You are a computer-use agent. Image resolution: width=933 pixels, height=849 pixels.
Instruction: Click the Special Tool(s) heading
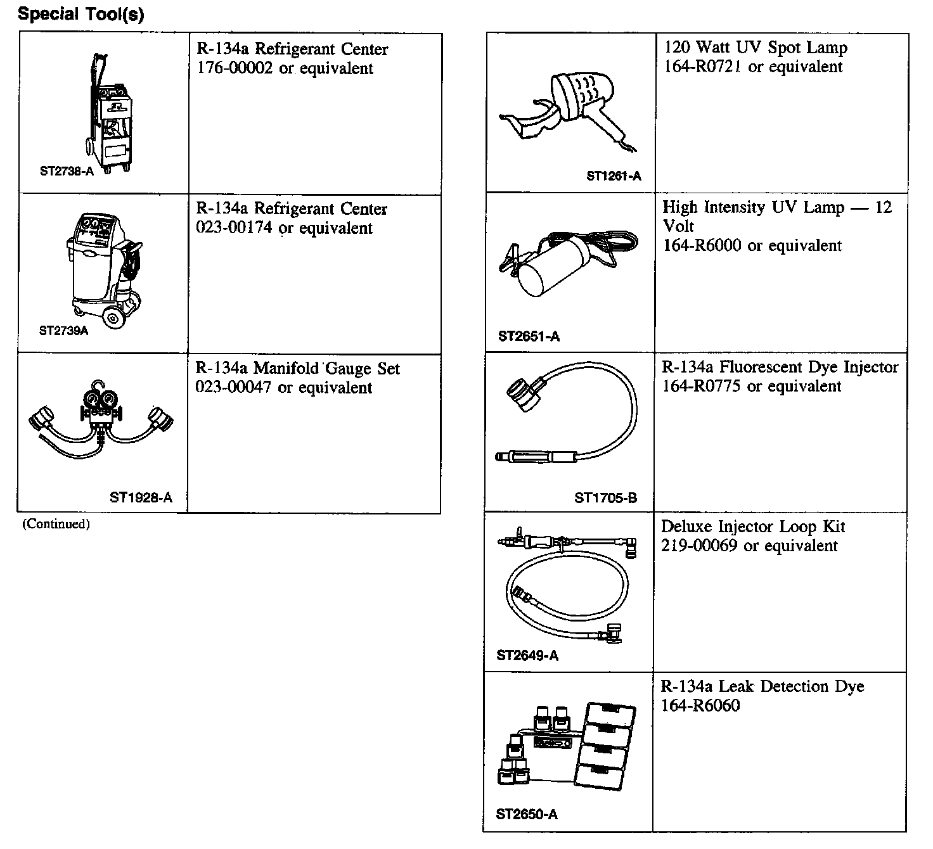(x=80, y=14)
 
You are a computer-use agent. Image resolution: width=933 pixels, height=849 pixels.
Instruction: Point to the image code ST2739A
(x=63, y=331)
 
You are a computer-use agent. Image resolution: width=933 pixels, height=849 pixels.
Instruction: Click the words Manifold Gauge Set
(x=327, y=369)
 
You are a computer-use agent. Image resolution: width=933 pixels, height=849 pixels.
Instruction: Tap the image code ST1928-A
(x=141, y=497)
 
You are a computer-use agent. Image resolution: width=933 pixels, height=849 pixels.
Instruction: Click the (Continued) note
(x=56, y=524)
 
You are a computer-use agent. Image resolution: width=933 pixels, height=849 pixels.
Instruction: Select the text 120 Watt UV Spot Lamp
(x=756, y=48)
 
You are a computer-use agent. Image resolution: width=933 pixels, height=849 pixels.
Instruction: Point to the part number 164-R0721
(x=703, y=67)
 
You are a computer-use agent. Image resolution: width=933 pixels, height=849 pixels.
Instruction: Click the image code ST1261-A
(x=614, y=176)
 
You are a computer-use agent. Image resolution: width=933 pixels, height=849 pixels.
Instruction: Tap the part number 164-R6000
(x=702, y=246)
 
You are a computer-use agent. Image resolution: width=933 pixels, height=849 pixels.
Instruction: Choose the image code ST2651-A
(x=529, y=336)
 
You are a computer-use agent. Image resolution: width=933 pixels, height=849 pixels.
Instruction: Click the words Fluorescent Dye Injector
(x=809, y=367)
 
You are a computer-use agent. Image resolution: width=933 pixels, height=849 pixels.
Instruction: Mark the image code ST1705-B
(x=605, y=498)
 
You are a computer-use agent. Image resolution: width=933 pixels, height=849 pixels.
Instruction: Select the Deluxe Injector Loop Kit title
(x=753, y=527)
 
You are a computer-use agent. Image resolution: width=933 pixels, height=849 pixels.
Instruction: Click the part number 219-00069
(x=699, y=546)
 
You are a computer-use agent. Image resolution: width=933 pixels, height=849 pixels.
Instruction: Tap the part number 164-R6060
(x=700, y=706)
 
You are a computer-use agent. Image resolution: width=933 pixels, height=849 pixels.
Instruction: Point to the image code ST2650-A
(x=527, y=815)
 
